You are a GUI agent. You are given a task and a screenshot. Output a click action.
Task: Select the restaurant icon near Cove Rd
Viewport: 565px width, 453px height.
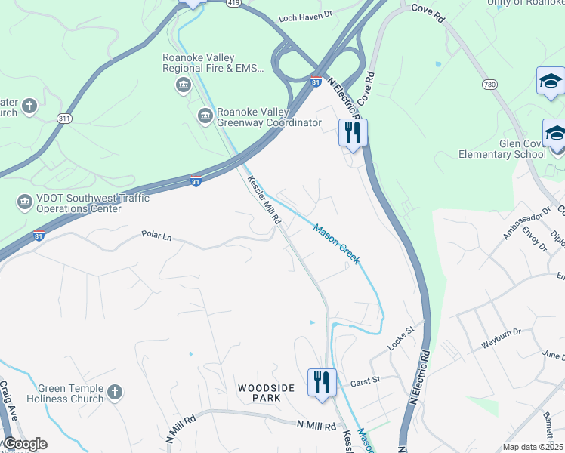click(352, 133)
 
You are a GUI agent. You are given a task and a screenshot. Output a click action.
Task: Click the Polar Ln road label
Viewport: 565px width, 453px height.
click(157, 236)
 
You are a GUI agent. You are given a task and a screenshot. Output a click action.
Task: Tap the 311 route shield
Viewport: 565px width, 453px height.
click(65, 119)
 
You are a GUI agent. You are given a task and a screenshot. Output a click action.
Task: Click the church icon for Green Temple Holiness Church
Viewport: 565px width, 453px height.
click(114, 392)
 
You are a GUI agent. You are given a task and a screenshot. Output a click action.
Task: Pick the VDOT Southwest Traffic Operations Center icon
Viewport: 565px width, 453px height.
click(23, 202)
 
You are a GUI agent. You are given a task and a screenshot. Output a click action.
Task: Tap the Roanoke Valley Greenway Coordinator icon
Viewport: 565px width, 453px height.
click(204, 116)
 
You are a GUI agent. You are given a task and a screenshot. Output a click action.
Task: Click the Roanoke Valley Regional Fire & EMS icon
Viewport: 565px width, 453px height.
click(182, 86)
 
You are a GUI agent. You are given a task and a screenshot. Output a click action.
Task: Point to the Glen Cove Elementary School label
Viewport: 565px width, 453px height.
click(502, 149)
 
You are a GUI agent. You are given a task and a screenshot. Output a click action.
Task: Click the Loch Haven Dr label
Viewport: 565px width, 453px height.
click(305, 15)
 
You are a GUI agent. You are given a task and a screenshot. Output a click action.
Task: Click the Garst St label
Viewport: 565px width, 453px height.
click(363, 382)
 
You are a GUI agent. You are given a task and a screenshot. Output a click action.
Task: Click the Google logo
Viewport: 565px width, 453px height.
click(25, 444)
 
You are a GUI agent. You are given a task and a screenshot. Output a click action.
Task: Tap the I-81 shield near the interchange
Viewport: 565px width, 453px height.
click(315, 81)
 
